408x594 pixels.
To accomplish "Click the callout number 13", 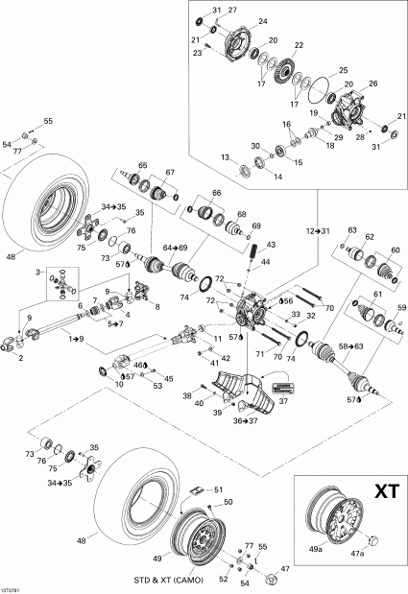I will (225, 156).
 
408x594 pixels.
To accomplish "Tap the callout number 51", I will (218, 488).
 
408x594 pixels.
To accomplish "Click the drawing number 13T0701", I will (13, 589).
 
